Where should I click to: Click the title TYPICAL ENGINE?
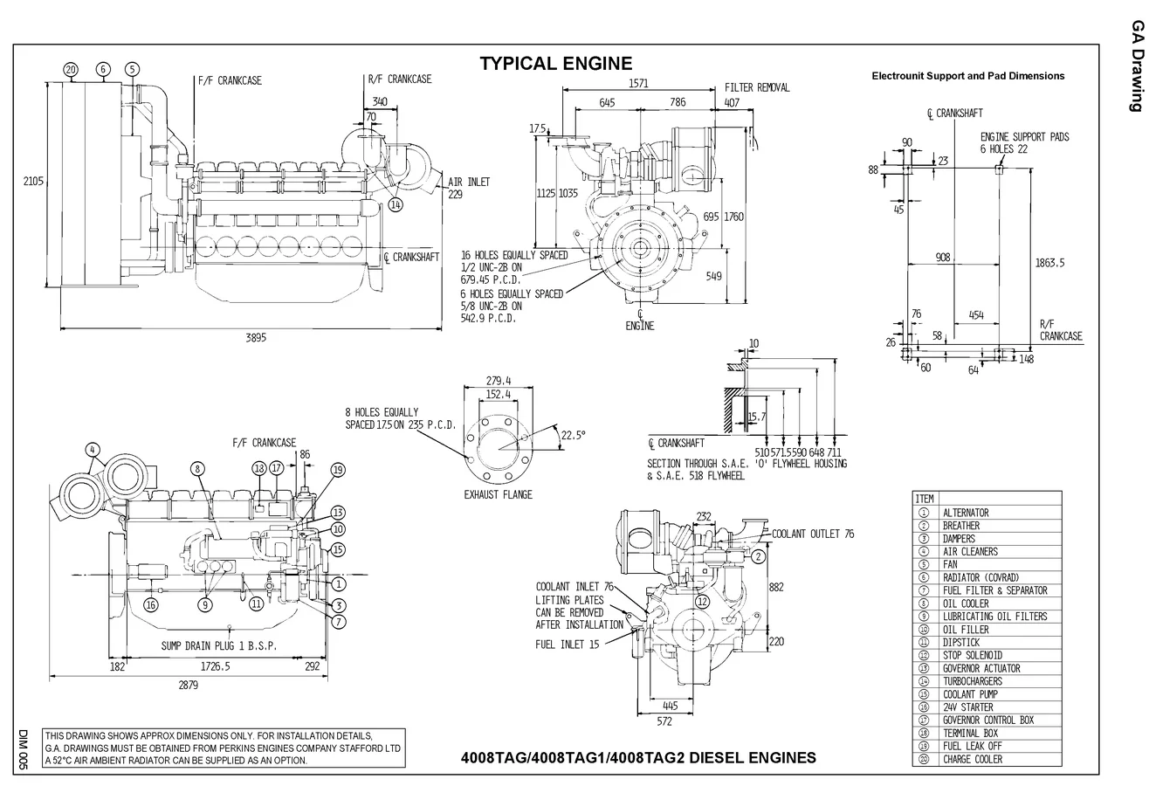pos(555,64)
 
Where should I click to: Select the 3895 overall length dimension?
pos(256,339)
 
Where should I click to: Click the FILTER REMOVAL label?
pos(757,87)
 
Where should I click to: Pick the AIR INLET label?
pos(469,183)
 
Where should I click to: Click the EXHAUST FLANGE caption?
pos(498,494)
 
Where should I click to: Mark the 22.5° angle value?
pos(573,434)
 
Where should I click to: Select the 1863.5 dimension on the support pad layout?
pos(1049,262)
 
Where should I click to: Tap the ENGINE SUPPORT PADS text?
pos(1024,137)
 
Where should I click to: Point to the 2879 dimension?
pos(189,686)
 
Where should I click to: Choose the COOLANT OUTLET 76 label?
pos(813,534)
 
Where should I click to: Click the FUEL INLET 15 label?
pos(568,645)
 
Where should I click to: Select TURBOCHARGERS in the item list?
pos(972,681)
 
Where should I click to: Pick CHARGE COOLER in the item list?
pos(972,759)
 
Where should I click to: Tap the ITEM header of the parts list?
pos(924,499)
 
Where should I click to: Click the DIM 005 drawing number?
pos(24,749)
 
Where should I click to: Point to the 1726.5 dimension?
pos(215,666)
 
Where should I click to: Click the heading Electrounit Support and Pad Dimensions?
pos(967,76)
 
